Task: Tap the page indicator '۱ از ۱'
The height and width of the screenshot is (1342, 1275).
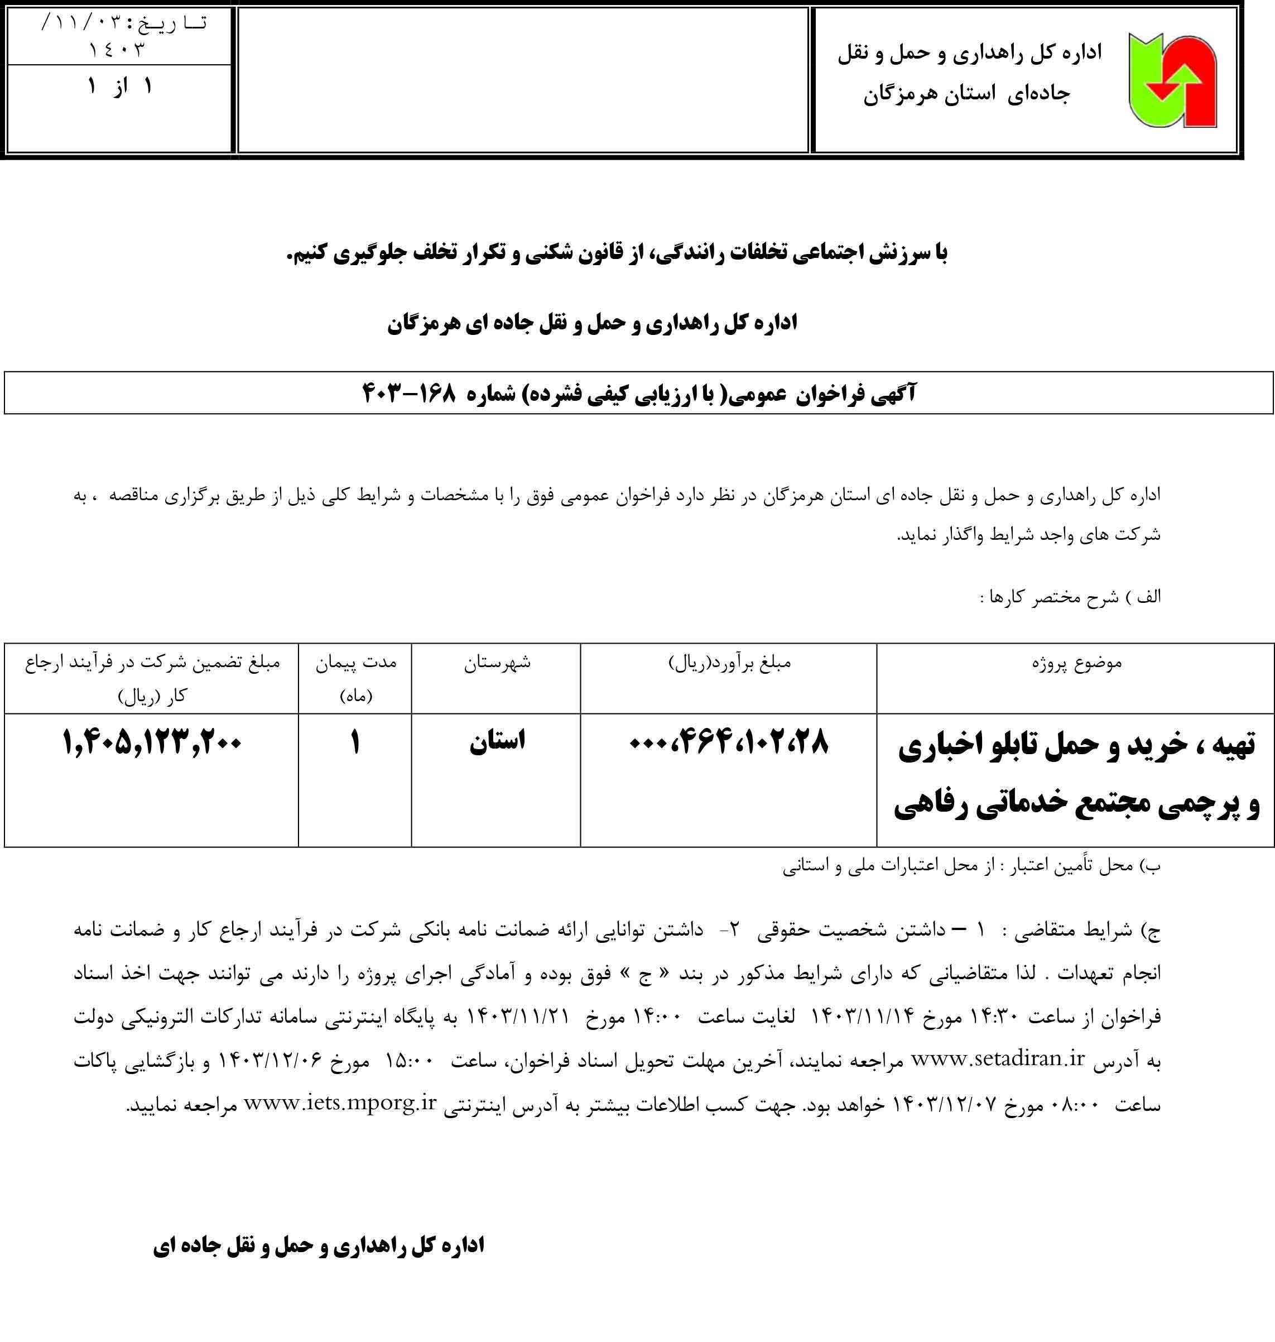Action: [119, 87]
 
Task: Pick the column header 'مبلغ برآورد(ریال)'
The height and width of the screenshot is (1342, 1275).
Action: [730, 663]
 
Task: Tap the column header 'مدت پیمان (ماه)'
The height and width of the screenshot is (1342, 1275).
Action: [355, 678]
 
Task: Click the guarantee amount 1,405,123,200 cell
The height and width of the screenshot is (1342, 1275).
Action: [152, 742]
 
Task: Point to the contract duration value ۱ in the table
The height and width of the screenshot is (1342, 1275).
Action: [355, 742]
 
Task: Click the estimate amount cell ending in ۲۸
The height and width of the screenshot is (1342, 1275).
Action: [729, 743]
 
